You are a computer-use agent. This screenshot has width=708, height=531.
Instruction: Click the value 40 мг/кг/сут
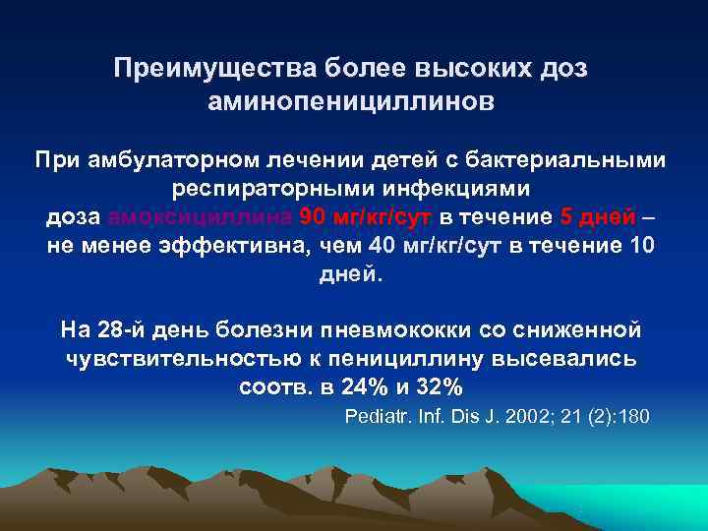pyautogui.click(x=420, y=245)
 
